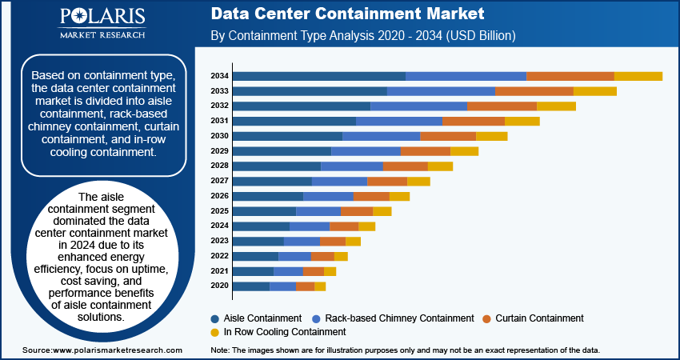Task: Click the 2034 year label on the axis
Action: tap(220, 76)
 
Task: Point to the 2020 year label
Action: tap(220, 286)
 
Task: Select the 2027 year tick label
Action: tap(220, 182)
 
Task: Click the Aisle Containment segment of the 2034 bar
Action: tap(318, 76)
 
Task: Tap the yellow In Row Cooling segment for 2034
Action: tap(638, 76)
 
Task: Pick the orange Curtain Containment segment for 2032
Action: tap(502, 106)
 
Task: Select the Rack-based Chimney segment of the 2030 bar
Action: tap(381, 136)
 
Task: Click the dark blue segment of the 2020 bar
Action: tap(250, 286)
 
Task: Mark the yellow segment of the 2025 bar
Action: tap(382, 211)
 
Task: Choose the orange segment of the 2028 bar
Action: tap(406, 166)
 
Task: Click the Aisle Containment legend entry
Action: tap(257, 318)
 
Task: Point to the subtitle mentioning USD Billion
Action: tap(362, 36)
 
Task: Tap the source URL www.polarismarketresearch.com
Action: tap(102, 350)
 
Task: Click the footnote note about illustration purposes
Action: tap(404, 350)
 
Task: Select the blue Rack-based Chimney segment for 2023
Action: tap(302, 241)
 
